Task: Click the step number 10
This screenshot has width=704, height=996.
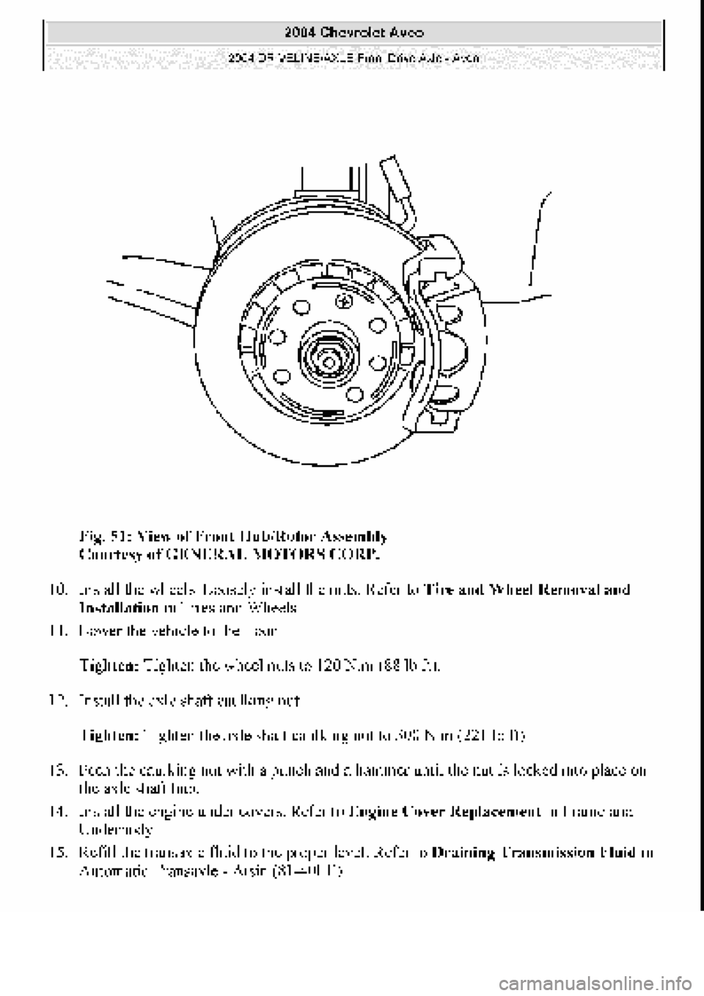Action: coord(59,590)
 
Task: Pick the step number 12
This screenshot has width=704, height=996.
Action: coord(59,699)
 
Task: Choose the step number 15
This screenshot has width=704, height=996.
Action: coord(59,854)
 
